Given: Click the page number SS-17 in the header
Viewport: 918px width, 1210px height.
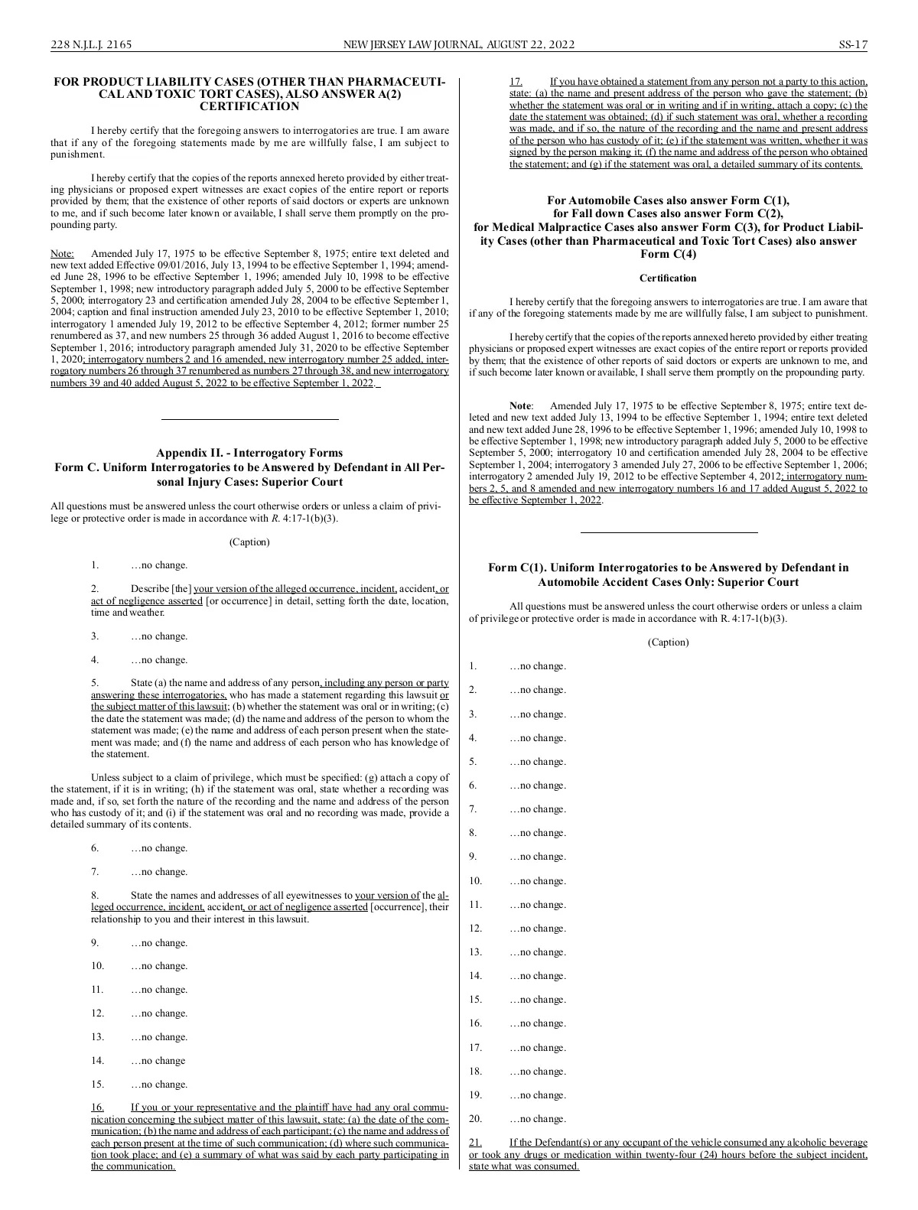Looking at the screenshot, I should pos(852,44).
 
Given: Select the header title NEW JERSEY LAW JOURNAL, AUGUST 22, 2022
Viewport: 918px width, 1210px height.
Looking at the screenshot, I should pos(459,44).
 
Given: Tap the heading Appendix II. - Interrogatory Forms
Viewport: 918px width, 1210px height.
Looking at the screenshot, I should pos(249,453).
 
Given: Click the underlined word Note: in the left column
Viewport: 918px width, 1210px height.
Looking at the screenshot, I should pos(62,253).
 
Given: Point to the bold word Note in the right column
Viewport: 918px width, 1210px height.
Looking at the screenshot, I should pos(520,406).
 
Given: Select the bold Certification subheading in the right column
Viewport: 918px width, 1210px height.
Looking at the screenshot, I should pos(668,278).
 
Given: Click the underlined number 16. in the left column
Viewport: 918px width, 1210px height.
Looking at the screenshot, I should pos(98,1107).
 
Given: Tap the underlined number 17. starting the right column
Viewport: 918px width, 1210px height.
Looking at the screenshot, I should pos(516,82).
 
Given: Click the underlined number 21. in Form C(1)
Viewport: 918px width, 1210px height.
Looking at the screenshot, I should pos(475,1142).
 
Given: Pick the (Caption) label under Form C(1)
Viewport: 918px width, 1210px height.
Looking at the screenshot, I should pos(668,642).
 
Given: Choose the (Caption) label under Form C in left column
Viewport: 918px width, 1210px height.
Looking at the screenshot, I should pos(249,542).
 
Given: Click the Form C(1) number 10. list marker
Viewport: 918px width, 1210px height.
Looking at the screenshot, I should pos(476,881).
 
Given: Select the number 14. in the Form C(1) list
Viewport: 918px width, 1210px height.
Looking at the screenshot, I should pos(476,976).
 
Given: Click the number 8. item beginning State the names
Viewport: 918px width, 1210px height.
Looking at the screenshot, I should pos(95,895).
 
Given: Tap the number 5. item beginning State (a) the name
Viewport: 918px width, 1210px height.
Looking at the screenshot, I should pos(95,682).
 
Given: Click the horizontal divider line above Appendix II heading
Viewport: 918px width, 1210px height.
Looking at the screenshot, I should pos(249,419).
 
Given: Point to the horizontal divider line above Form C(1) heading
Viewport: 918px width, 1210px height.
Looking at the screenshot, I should pos(669,532).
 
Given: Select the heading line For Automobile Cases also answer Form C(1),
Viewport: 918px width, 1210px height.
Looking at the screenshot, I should pos(668,201).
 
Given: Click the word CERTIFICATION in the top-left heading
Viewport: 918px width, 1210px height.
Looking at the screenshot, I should pos(249,106).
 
